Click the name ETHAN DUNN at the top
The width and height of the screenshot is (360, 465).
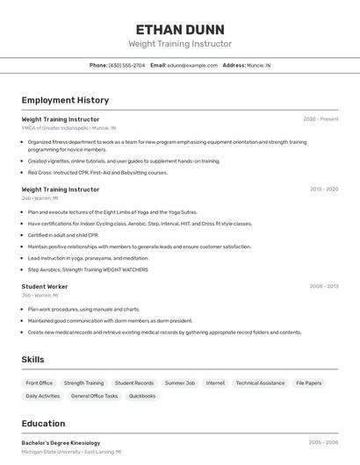coord(180,29)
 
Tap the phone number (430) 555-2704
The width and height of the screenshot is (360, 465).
coord(127,65)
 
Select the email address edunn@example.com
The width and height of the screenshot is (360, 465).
coord(192,65)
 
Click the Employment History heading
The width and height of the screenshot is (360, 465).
coord(65,100)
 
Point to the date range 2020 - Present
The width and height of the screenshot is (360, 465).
coord(320,119)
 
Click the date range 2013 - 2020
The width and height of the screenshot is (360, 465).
coord(323,190)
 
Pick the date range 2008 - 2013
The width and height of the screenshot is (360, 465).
coord(323,286)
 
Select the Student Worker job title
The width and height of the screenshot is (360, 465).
coord(45,287)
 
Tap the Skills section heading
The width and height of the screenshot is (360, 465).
coord(33,360)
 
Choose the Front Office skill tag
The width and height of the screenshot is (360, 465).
coord(40,383)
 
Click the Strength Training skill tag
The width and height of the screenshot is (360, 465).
coord(83,383)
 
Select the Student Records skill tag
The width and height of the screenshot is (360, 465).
coord(134,383)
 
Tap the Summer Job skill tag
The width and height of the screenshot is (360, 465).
coord(180,383)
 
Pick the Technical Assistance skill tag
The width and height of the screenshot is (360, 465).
coord(260,383)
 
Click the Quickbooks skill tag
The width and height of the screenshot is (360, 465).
coord(142,397)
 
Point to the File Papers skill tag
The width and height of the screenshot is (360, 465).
coord(308,383)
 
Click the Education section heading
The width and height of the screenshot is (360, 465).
coord(43,423)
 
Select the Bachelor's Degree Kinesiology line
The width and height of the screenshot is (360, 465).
coord(61,443)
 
